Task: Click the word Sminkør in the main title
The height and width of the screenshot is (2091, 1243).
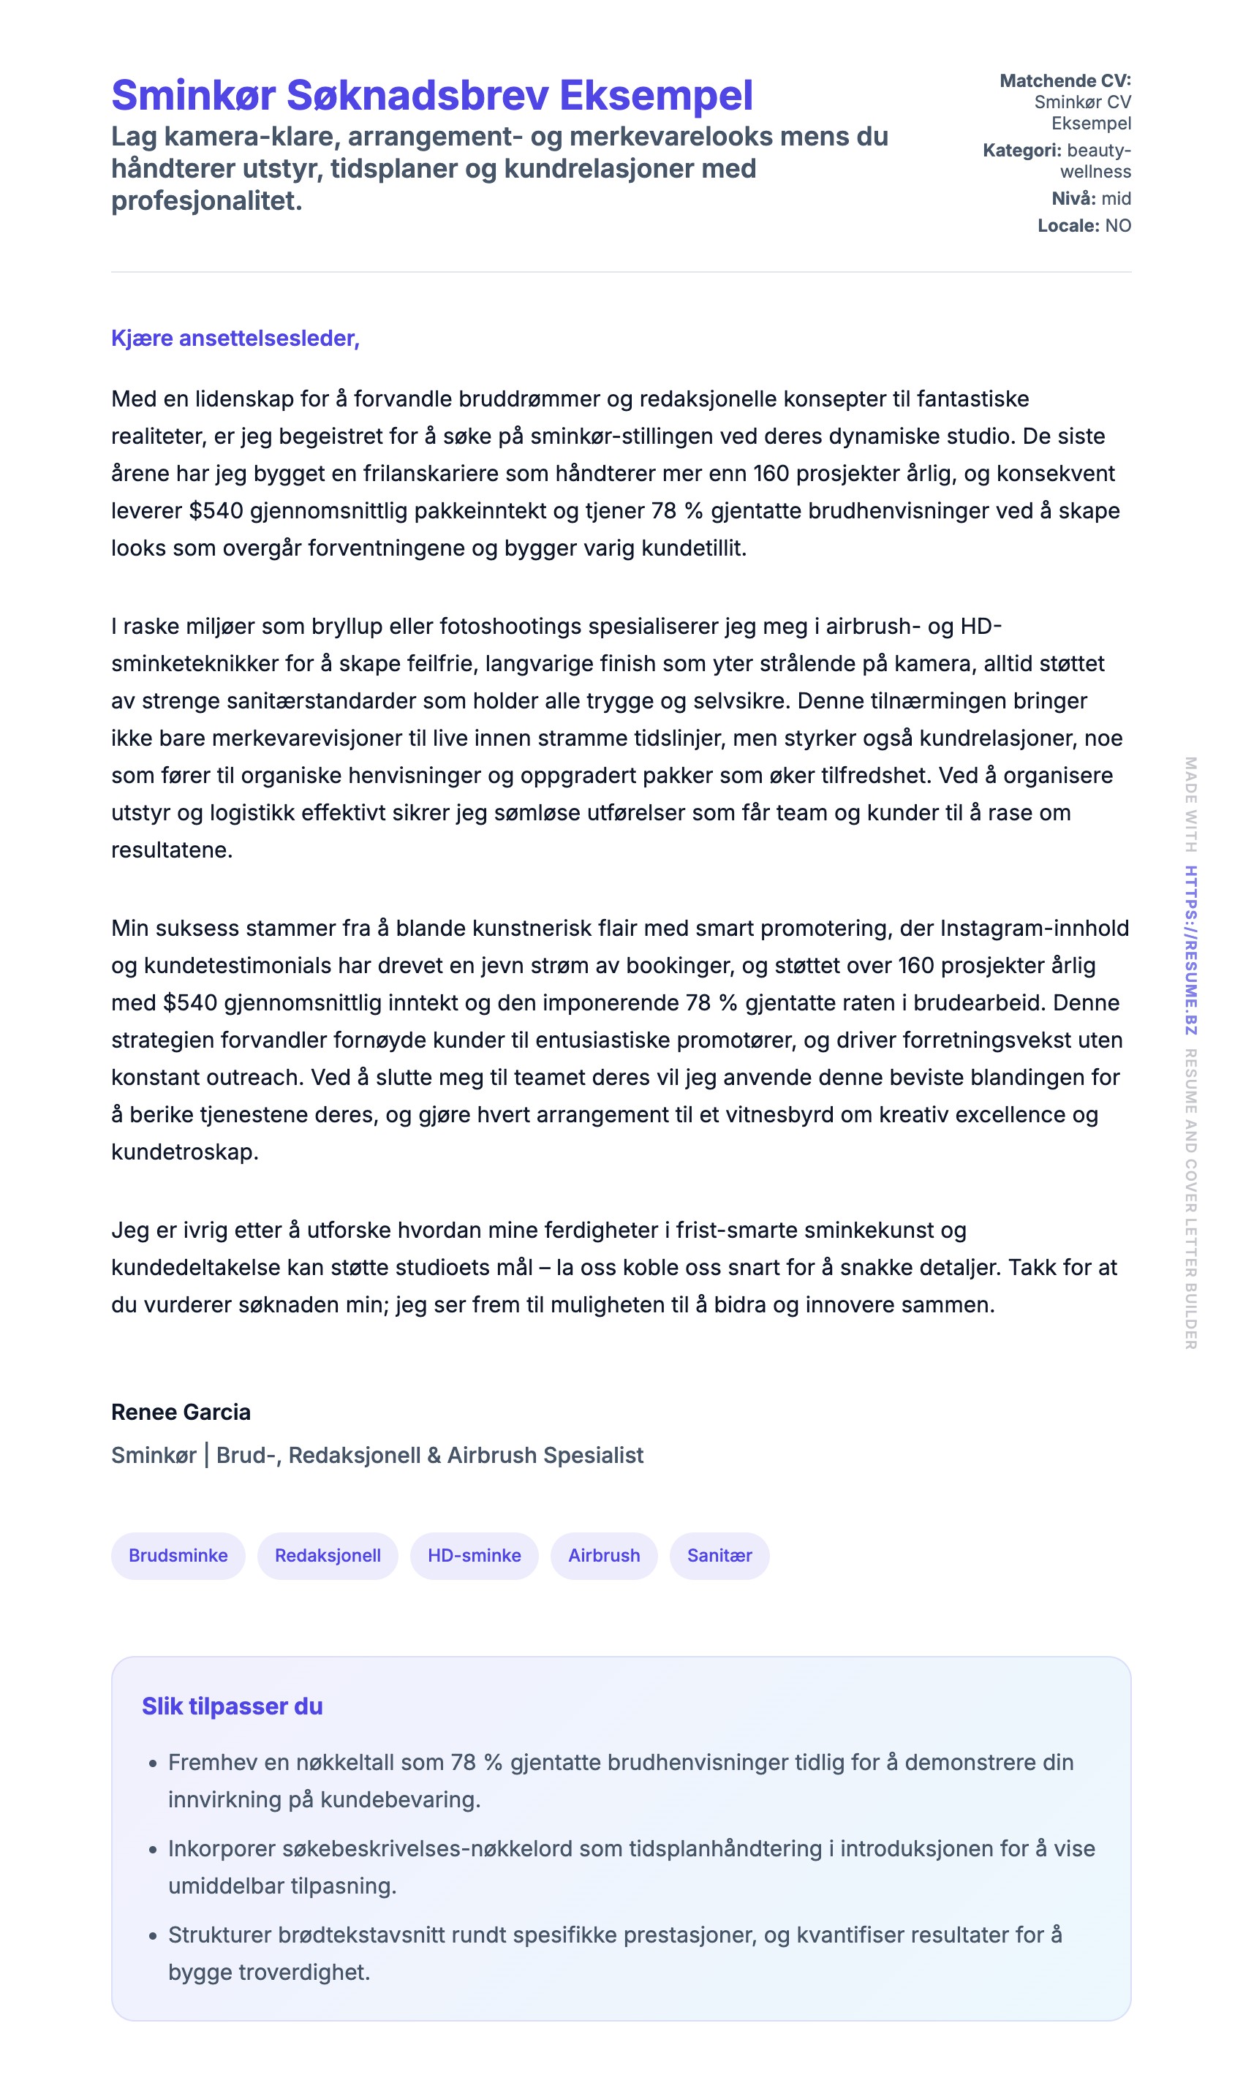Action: (x=192, y=96)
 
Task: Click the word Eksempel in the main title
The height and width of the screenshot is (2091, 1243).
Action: (x=656, y=96)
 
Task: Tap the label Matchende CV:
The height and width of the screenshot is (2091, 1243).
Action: (x=1065, y=80)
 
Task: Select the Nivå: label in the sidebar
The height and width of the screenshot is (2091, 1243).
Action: (x=1073, y=198)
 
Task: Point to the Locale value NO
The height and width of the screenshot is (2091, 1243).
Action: (x=1117, y=225)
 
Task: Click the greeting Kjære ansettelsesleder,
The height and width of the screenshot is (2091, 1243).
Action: (x=235, y=339)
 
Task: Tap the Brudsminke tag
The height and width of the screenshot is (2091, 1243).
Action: (x=178, y=1555)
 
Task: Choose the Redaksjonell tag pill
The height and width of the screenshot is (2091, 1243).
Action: (x=328, y=1555)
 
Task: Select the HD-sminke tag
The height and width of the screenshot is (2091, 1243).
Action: (x=474, y=1555)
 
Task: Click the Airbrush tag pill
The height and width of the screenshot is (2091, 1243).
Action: (x=604, y=1555)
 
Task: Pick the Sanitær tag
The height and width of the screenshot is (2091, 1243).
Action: (x=719, y=1555)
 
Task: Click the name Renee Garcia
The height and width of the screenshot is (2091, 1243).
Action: (x=181, y=1412)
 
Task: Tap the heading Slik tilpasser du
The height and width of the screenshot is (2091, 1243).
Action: (x=232, y=1706)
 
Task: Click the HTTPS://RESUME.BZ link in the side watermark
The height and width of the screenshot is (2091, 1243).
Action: (x=1190, y=950)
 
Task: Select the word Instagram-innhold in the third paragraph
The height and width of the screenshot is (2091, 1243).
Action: (x=1035, y=928)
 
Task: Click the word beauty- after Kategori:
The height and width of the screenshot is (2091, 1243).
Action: (x=1099, y=151)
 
